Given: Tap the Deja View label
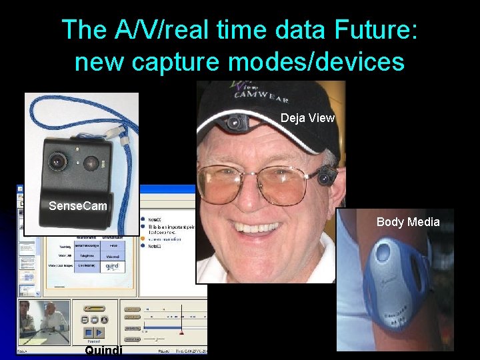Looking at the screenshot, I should click(307, 118).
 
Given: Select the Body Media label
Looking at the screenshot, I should click(408, 222).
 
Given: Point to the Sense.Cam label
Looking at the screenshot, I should click(77, 206).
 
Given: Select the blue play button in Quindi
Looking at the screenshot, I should click(99, 332).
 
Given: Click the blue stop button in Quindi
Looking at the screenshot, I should click(88, 332).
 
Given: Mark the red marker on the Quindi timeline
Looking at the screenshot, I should click(181, 331).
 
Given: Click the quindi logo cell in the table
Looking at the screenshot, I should click(113, 265).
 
